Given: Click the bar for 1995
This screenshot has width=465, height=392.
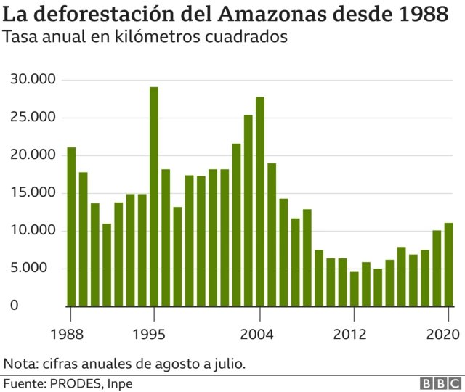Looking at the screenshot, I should pyautogui.click(x=154, y=196).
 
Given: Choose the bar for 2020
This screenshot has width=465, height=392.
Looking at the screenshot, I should pyautogui.click(x=448, y=264).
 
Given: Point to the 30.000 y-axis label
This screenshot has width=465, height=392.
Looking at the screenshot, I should pyautogui.click(x=34, y=80).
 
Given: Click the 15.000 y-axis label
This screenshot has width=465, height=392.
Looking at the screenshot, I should pyautogui.click(x=34, y=193).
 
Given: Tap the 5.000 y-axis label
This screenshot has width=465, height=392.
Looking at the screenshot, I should pyautogui.click(x=37, y=269).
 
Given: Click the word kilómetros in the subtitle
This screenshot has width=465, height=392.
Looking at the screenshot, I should pyautogui.click(x=177, y=37).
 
